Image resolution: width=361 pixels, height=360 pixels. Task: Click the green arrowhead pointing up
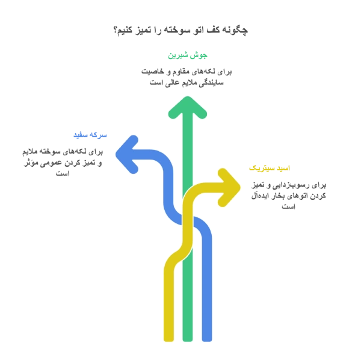(188, 107)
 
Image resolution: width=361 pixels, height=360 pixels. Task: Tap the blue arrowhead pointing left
(127, 154)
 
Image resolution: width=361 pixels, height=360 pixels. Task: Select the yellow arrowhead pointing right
(229, 187)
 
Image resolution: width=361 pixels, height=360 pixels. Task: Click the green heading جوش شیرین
(188, 55)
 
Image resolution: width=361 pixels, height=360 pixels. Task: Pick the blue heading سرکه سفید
(90, 135)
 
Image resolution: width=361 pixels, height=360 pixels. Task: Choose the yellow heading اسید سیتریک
(270, 168)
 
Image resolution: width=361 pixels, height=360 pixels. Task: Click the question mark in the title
(116, 30)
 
